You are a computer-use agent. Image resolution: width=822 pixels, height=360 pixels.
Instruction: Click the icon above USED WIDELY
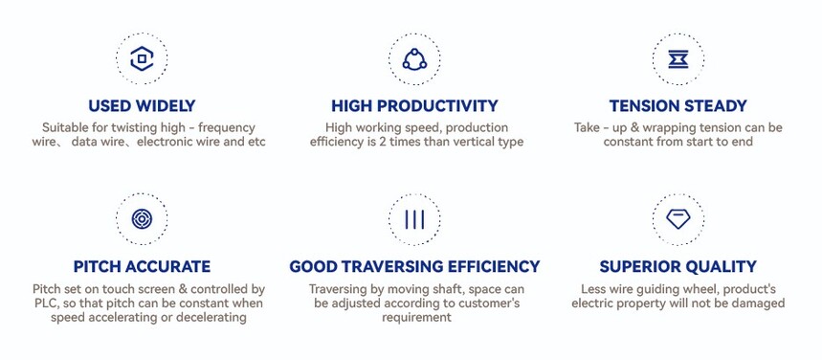(142, 58)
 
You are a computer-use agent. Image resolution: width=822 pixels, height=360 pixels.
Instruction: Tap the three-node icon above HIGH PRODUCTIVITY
(414, 59)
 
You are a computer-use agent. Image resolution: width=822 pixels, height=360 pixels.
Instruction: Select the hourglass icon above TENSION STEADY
(678, 59)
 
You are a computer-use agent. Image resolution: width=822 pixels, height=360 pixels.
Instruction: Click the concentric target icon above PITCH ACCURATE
(142, 219)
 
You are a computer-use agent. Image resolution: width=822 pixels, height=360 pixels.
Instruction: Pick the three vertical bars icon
(414, 219)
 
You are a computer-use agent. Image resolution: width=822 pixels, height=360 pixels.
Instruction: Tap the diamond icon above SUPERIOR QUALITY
(678, 219)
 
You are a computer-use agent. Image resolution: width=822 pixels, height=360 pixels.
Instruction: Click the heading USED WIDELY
(142, 106)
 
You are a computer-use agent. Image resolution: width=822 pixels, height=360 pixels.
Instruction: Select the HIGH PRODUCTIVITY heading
(414, 106)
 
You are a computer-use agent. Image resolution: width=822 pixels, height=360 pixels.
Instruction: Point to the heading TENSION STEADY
(678, 106)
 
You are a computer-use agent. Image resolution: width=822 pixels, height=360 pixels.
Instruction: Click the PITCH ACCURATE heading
(142, 266)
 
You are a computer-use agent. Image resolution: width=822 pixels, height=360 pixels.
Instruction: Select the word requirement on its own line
(416, 318)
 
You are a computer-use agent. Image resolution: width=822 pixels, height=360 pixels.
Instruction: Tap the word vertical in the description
(471, 142)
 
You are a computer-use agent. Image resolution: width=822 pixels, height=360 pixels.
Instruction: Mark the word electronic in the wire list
(163, 142)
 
